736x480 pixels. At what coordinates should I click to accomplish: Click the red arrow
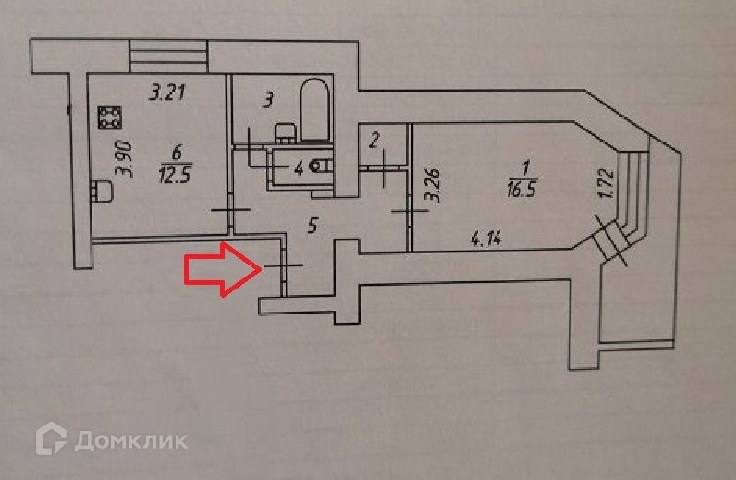click(221, 271)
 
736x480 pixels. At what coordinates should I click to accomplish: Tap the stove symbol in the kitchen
click(109, 117)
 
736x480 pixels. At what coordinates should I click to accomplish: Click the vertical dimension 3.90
click(127, 158)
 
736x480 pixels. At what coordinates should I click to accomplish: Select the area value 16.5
click(524, 191)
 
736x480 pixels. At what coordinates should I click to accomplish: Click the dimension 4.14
click(485, 240)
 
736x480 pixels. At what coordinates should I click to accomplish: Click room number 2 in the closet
click(374, 142)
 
